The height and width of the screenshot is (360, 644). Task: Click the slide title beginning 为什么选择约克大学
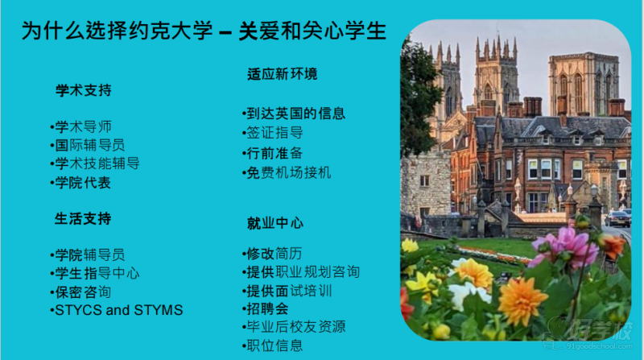[204, 31]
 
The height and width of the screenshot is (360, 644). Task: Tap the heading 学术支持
[84, 90]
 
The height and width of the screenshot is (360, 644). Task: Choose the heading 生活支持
[83, 218]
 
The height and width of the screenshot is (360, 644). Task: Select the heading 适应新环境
[283, 74]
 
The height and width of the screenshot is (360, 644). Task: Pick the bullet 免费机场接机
[287, 172]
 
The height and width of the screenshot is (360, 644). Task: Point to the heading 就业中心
[275, 223]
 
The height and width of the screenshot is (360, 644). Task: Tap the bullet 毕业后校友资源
[294, 327]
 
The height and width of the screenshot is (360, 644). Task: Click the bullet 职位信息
[273, 346]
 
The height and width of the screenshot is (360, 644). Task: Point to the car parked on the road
[617, 218]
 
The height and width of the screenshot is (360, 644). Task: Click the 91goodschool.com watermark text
[599, 346]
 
